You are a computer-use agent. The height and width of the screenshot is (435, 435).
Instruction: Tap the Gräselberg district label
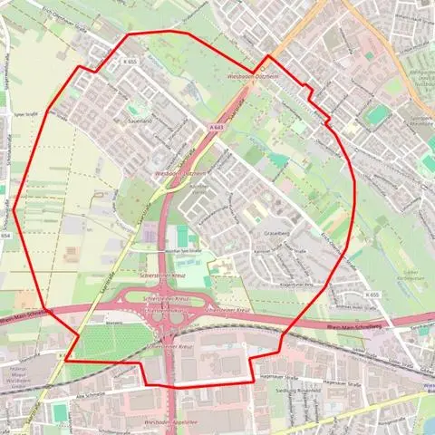point(272,233)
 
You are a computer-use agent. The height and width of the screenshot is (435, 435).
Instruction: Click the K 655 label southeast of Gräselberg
point(373,295)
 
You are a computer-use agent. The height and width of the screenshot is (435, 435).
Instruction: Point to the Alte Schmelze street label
point(66,396)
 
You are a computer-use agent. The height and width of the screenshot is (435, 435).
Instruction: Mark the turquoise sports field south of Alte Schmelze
point(60,412)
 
